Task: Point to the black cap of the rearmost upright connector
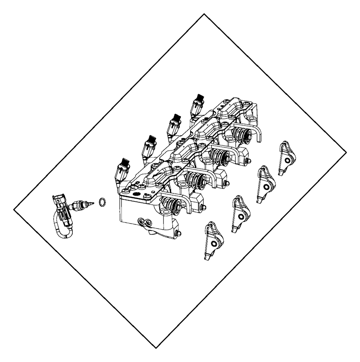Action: [199, 99]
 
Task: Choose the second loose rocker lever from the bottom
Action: [239, 213]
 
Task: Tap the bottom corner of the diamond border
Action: [155, 348]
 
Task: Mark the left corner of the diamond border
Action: [14, 210]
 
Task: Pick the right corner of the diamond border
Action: [346, 152]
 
